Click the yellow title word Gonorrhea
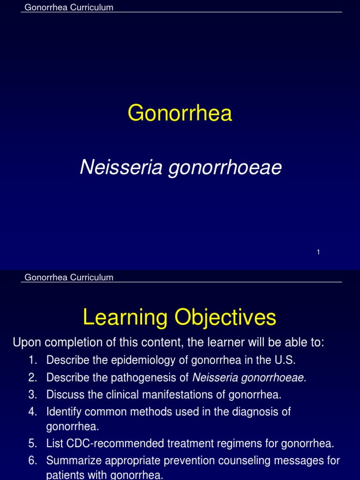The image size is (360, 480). pyautogui.click(x=180, y=113)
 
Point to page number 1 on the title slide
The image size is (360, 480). pyautogui.click(x=318, y=252)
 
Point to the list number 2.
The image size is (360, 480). pyautogui.click(x=32, y=377)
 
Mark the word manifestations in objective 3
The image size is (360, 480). pyautogui.click(x=182, y=395)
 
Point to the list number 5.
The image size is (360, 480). pyautogui.click(x=32, y=443)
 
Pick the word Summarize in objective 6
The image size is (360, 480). pyautogui.click(x=71, y=461)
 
